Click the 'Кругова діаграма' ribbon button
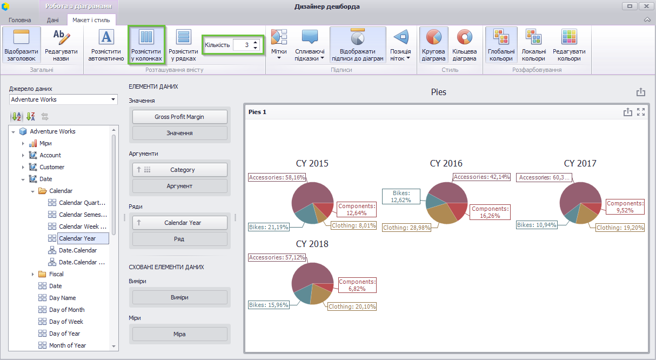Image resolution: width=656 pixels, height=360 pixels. (433, 45)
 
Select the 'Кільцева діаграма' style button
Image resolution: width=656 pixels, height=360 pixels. (464, 45)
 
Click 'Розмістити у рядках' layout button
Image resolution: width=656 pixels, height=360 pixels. (183, 45)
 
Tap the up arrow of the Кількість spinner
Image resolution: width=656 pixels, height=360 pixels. (256, 42)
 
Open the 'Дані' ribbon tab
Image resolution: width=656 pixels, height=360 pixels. (53, 20)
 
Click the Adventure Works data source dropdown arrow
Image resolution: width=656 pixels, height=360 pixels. (113, 99)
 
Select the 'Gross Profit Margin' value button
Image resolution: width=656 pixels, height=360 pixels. (179, 117)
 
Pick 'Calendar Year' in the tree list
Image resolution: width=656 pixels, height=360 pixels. (77, 238)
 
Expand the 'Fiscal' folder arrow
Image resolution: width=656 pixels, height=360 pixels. (32, 274)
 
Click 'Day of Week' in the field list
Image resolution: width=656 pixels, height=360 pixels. (66, 322)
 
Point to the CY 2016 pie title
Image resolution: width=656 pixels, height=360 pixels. (446, 163)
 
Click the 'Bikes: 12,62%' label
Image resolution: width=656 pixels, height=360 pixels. (401, 197)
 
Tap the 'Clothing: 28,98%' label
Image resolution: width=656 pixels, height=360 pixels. (407, 228)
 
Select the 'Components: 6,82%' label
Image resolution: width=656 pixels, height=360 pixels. (357, 285)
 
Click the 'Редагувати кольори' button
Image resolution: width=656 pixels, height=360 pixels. (569, 45)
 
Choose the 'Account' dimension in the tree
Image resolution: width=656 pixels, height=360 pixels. (50, 155)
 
